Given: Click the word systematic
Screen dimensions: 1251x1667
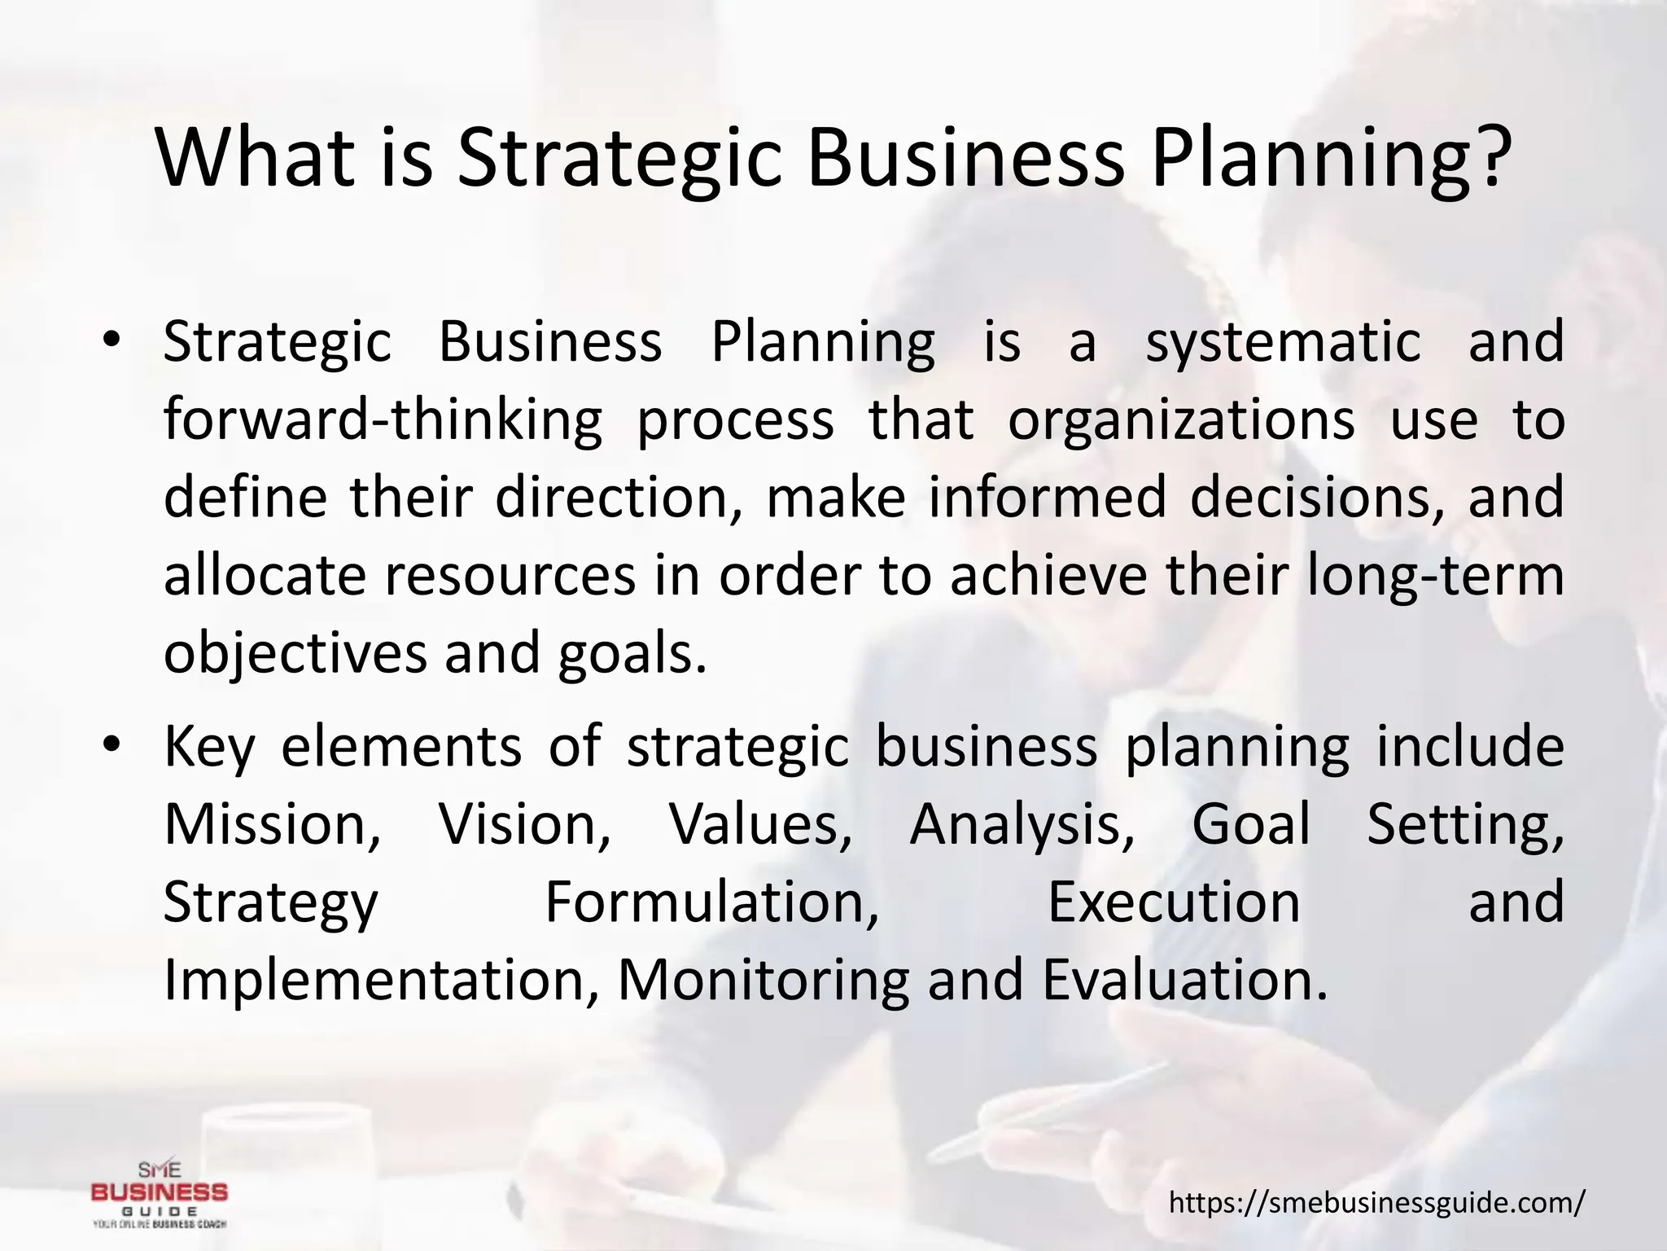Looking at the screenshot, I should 1284,343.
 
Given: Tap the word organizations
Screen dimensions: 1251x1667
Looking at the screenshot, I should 1181,420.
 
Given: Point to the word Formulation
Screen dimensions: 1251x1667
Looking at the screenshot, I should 711,902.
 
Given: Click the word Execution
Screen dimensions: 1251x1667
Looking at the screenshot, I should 1174,902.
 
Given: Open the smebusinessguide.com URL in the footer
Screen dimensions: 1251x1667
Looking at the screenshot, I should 1377,1201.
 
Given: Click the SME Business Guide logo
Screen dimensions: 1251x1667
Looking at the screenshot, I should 160,1193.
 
